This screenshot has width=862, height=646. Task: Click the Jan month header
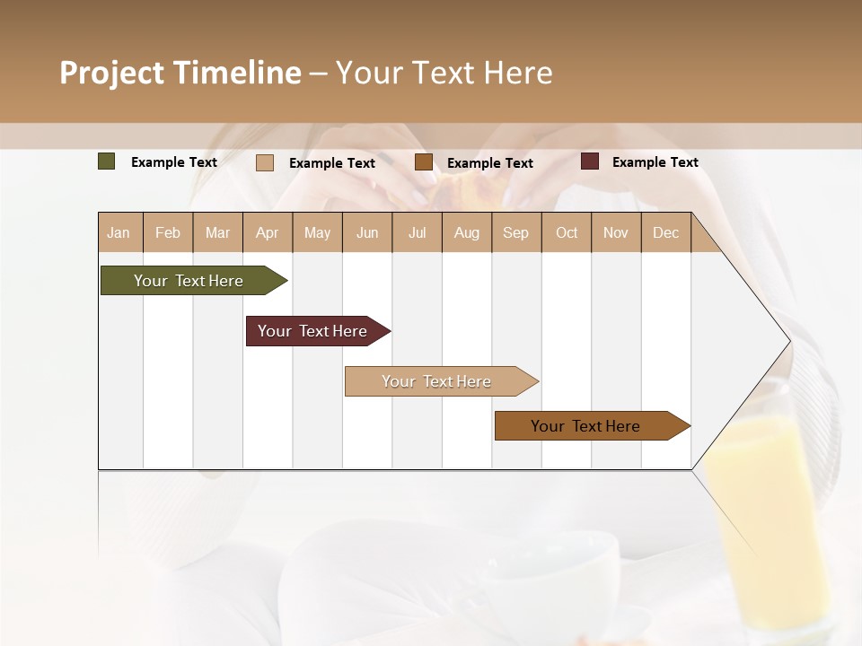pos(119,232)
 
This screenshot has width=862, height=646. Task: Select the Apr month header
pos(267,232)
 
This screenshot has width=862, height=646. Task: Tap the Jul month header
pos(417,232)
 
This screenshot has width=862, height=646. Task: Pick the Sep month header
pos(515,232)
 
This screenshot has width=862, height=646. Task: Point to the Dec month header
pos(665,232)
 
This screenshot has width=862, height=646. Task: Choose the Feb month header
pos(168,232)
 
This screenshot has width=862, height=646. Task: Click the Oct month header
pos(567,232)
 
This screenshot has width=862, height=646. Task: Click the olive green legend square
pos(107,161)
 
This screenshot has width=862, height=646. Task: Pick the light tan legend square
pos(265,162)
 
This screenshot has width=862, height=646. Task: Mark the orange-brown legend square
pos(424,162)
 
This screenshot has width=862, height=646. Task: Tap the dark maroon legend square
pos(589,161)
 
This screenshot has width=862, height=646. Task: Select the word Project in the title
pos(111,73)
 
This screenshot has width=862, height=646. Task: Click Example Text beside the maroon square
pos(655,162)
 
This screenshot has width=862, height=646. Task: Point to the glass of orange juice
pos(768,520)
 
